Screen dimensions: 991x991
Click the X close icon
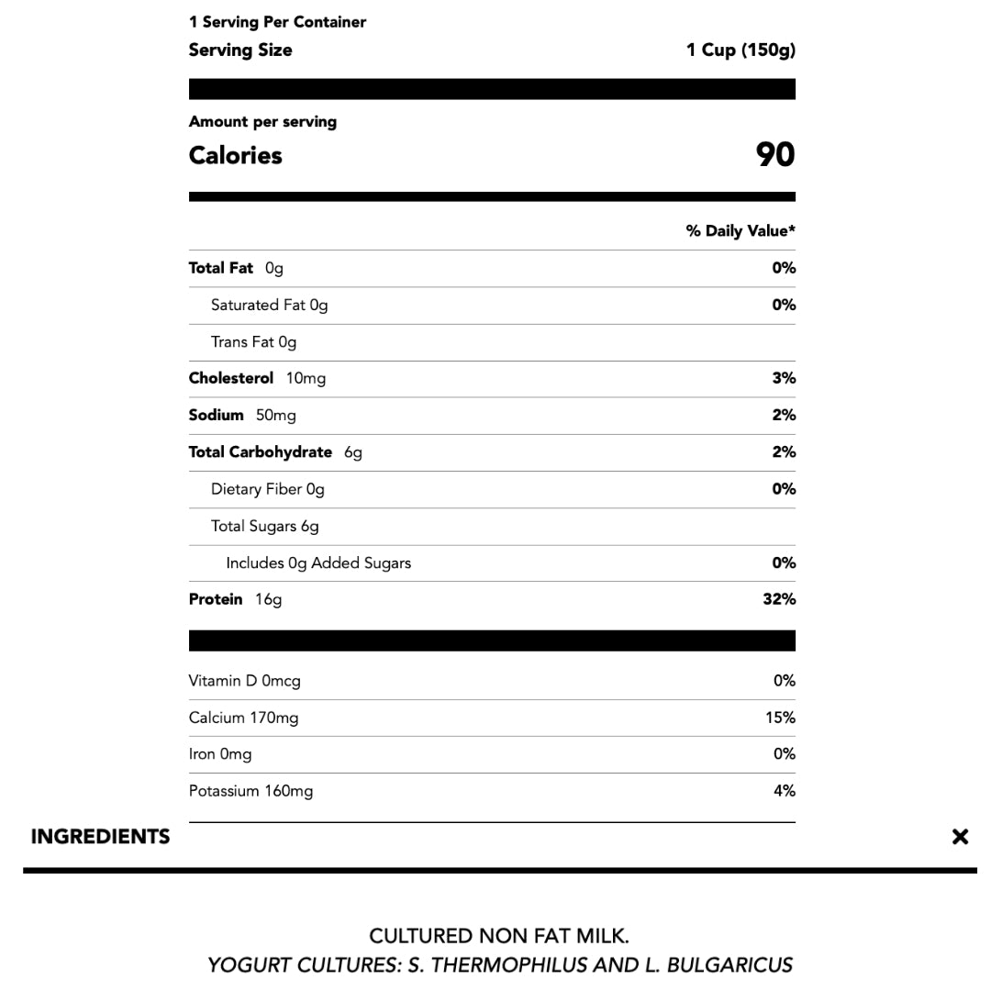(960, 836)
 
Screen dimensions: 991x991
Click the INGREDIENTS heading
(100, 837)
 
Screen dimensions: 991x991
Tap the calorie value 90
(774, 155)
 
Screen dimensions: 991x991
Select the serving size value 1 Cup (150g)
(740, 50)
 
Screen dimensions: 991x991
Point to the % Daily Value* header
(740, 231)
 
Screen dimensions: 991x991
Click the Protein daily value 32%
(778, 599)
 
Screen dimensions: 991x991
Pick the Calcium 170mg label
(243, 718)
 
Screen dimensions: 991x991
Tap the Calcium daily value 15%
(780, 718)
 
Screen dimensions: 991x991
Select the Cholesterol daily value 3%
(784, 378)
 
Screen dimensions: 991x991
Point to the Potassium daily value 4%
(784, 791)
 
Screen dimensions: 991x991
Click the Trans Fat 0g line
(253, 342)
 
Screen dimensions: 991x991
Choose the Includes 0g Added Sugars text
(318, 563)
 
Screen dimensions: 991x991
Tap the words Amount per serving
(262, 122)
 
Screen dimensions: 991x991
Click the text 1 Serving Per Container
(277, 22)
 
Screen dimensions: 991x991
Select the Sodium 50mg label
(242, 416)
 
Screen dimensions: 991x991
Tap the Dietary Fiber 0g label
(267, 489)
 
